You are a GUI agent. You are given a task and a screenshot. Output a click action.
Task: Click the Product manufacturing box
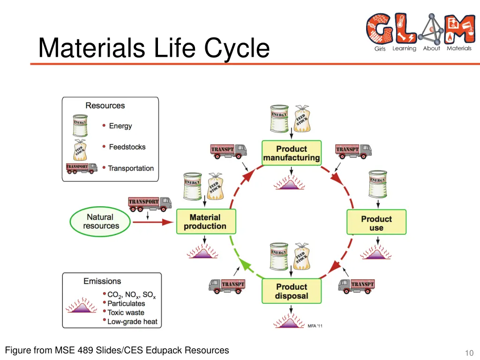291,153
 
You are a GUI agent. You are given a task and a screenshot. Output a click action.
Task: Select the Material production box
205,222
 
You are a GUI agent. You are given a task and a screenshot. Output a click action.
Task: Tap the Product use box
376,223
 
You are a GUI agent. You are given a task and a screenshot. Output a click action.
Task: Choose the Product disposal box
291,291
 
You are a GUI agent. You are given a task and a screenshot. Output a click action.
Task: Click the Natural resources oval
100,222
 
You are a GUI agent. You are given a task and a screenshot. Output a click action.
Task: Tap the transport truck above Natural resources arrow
150,203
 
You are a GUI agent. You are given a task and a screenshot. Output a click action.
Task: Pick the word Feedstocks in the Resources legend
127,147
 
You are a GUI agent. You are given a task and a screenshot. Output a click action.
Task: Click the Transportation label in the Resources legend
131,168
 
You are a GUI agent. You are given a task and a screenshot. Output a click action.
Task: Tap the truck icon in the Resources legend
82,168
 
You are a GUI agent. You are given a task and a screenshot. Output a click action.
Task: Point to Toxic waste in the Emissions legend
126,313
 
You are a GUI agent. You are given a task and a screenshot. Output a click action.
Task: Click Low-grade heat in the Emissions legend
132,322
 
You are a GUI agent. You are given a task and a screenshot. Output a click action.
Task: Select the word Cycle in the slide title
238,48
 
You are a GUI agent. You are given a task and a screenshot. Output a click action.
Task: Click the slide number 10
469,353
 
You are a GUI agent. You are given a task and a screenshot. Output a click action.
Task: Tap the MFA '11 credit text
315,326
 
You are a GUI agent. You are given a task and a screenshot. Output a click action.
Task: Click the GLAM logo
420,32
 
